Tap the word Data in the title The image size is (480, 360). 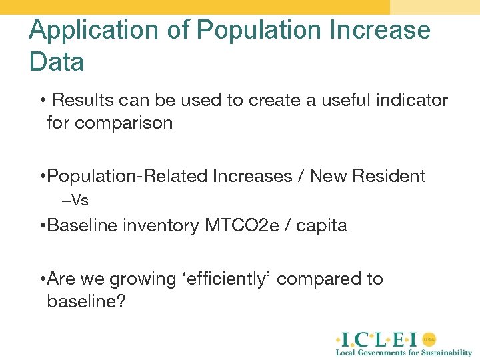pyautogui.click(x=57, y=62)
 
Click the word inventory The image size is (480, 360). pyautogui.click(x=161, y=226)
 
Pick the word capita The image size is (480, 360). pyautogui.click(x=321, y=226)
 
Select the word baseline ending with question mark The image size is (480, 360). pyautogui.click(x=86, y=301)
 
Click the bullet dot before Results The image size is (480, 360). pyautogui.click(x=43, y=101)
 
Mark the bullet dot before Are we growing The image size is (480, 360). pyautogui.click(x=43, y=279)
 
